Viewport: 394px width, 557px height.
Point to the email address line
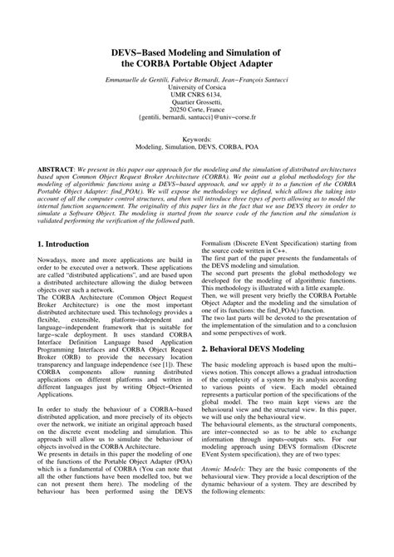click(x=197, y=118)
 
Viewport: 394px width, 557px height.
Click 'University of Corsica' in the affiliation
click(x=197, y=85)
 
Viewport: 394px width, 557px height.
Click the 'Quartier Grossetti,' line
click(x=197, y=101)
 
